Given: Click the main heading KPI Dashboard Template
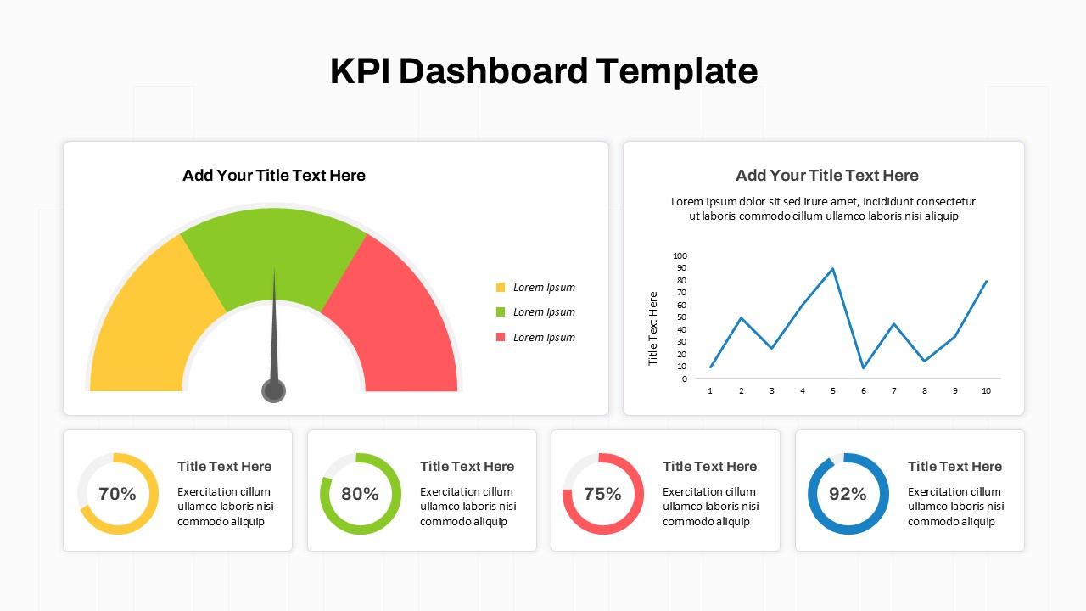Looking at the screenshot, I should [543, 71].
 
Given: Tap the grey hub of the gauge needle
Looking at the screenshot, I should [273, 391].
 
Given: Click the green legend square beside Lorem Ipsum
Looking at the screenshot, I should [501, 312].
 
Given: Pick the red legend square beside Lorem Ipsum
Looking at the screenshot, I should [501, 338].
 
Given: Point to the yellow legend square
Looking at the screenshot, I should [501, 288].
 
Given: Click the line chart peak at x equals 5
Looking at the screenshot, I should [833, 269].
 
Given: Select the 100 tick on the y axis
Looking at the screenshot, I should [680, 255].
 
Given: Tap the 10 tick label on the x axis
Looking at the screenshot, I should [986, 391].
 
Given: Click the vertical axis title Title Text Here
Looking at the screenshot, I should [653, 328].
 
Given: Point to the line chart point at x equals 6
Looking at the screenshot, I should [864, 367].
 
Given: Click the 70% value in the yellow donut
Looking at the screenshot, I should [117, 494].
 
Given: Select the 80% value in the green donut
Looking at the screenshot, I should [360, 494].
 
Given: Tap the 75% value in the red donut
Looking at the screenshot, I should [602, 494].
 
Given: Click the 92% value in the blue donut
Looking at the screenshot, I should [848, 494].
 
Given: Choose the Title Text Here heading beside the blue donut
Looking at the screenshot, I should [954, 467].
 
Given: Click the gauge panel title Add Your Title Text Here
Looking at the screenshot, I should [274, 176].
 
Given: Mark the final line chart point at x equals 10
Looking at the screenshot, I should [986, 281].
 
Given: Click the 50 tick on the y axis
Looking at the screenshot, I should [681, 317].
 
